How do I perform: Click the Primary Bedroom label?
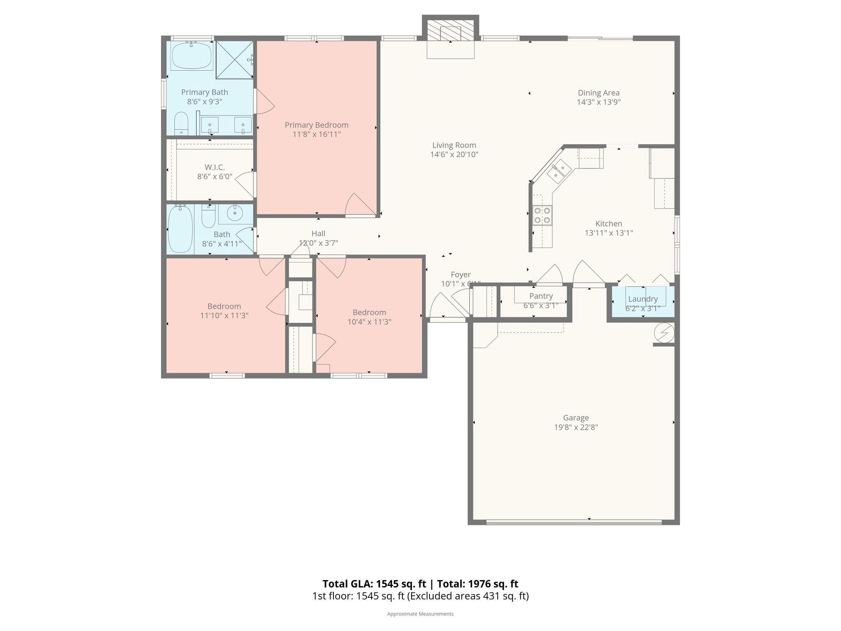point(316,125)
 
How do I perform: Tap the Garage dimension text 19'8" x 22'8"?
point(576,427)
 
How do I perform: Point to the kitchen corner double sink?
point(559,172)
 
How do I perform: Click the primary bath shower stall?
point(234,60)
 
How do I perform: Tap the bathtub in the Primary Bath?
point(191,56)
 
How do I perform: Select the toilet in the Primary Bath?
point(181,123)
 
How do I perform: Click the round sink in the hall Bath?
point(235,213)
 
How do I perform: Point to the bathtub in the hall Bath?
point(180,229)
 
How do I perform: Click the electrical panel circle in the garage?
point(664,332)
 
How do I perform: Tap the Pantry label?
point(541,296)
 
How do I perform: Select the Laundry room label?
point(643,299)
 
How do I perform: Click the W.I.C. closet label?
point(214,167)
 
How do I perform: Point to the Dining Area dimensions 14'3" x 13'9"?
point(598,102)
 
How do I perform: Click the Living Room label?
point(454,145)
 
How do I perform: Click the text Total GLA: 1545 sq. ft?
point(375,584)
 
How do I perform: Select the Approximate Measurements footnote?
point(420,614)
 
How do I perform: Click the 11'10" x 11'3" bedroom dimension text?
point(224,316)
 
